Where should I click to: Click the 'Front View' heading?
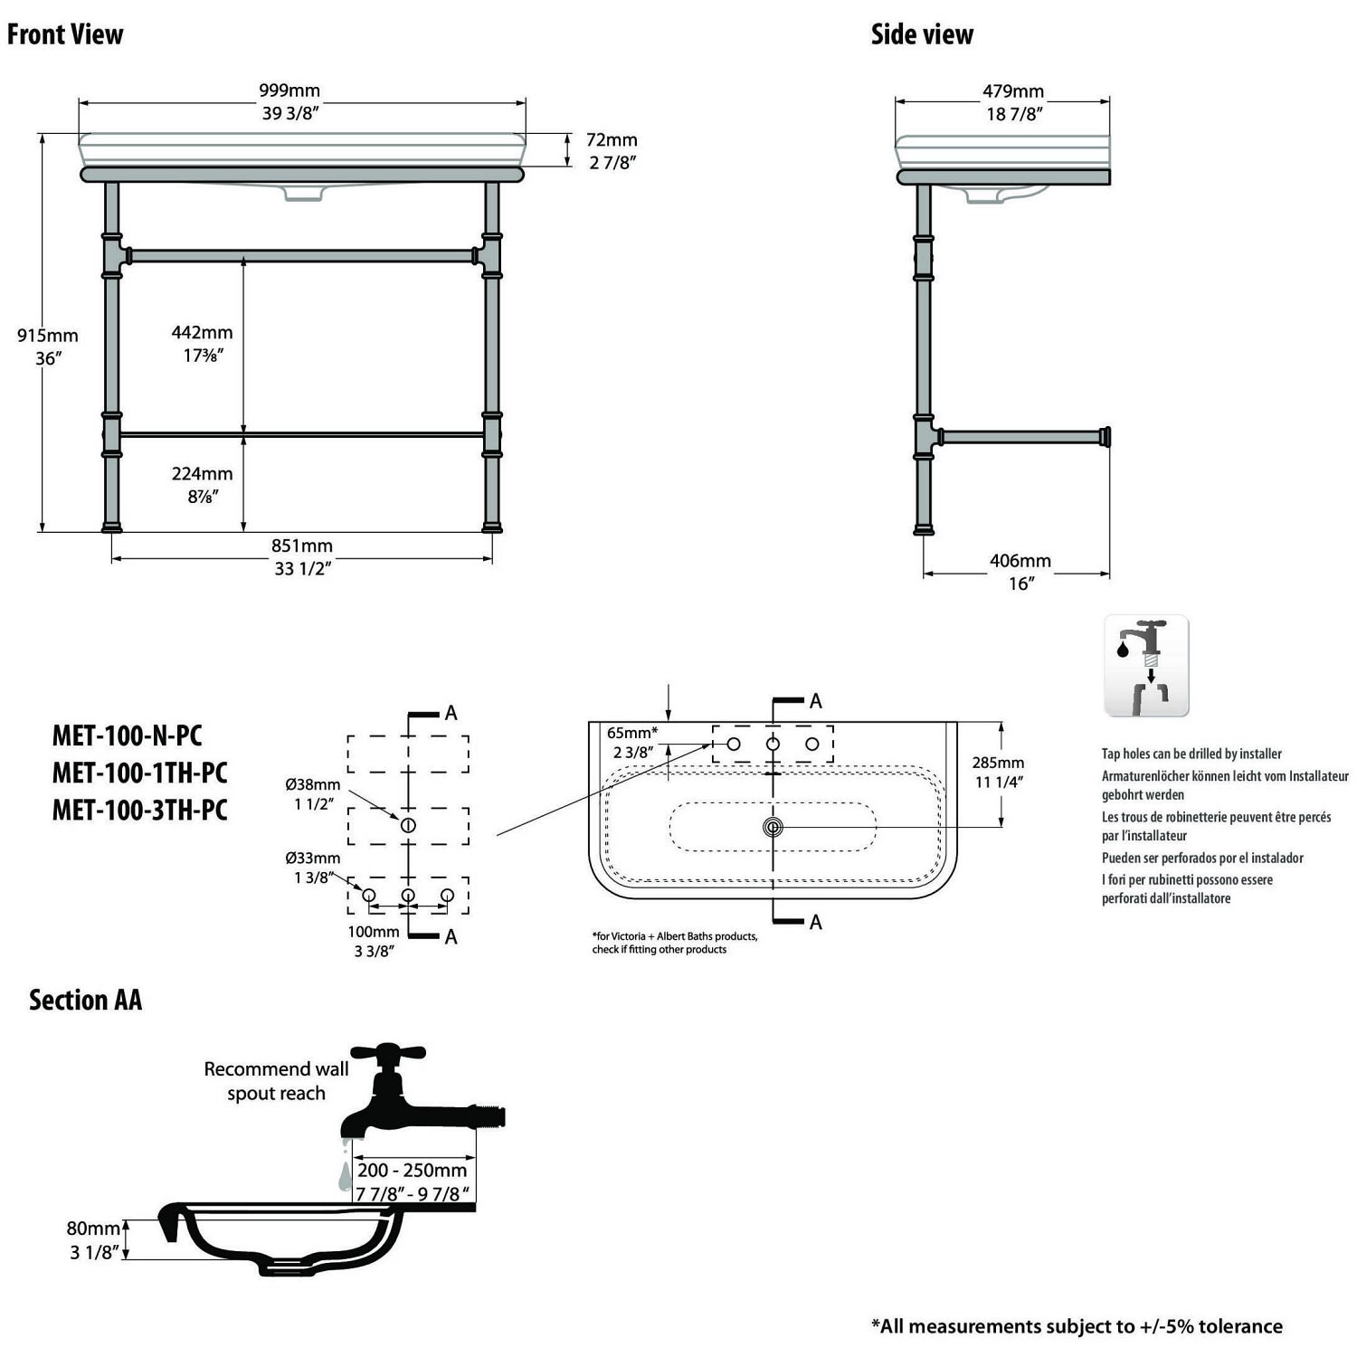click(65, 34)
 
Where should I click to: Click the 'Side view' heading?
click(922, 34)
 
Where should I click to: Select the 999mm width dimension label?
click(289, 90)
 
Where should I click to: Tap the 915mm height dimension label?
click(48, 336)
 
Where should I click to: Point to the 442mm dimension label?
click(203, 333)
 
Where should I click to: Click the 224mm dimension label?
click(203, 473)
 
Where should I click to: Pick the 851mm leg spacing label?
click(302, 546)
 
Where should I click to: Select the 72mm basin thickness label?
click(612, 140)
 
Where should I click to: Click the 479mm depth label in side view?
click(1013, 91)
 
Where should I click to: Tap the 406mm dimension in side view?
click(1020, 561)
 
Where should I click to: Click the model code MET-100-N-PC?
click(127, 735)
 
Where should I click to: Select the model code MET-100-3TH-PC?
click(139, 810)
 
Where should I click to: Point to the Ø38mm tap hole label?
click(313, 784)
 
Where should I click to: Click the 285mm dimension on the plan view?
click(999, 763)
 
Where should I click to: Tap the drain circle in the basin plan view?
click(773, 827)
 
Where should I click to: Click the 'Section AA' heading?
click(85, 1000)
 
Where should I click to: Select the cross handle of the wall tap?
click(388, 1053)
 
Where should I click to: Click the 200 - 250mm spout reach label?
click(413, 1170)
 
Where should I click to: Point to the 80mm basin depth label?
click(93, 1229)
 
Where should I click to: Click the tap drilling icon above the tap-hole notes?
click(1146, 666)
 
